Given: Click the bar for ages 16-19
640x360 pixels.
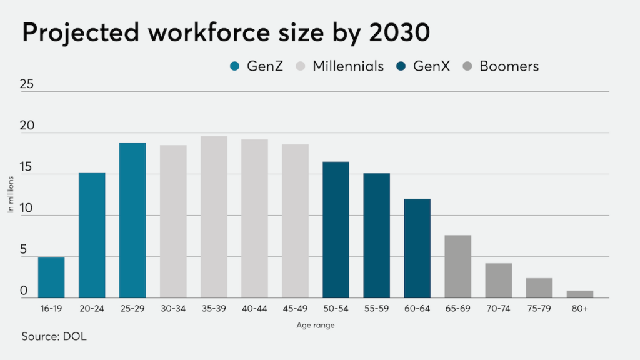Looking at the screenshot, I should [51, 277].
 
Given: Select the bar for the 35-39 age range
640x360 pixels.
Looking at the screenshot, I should [214, 217].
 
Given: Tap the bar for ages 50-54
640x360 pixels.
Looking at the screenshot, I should [336, 229].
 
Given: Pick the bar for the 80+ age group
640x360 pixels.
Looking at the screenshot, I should [580, 294].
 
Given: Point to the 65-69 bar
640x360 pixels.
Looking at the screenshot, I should [458, 266].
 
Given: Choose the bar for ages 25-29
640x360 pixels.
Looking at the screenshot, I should [132, 220].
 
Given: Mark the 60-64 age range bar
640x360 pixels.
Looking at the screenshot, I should [417, 248].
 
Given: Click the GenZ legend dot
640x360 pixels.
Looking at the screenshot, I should [234, 66].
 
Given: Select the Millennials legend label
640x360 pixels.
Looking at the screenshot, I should [348, 66].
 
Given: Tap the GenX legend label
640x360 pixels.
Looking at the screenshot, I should [431, 66].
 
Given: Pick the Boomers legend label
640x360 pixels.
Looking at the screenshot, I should [509, 66].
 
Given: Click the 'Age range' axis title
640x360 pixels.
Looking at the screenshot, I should [316, 325].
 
